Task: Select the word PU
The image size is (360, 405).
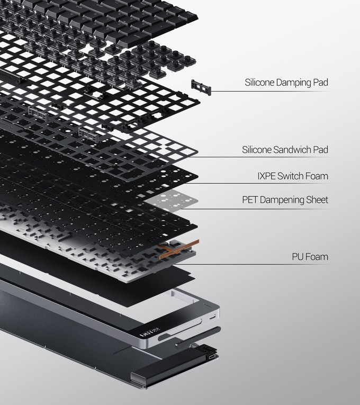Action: [x=297, y=257]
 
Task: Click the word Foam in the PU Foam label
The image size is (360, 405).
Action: [x=317, y=257]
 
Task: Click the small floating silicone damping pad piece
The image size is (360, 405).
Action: [x=201, y=87]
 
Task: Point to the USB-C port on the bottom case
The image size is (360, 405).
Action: [x=212, y=357]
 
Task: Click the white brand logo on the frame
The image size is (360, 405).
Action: [x=149, y=332]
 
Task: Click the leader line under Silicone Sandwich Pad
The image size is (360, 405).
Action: [x=261, y=157]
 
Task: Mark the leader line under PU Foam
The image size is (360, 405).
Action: [x=252, y=264]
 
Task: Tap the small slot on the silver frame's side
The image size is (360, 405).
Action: [x=212, y=317]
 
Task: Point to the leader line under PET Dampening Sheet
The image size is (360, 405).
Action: [x=256, y=209]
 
